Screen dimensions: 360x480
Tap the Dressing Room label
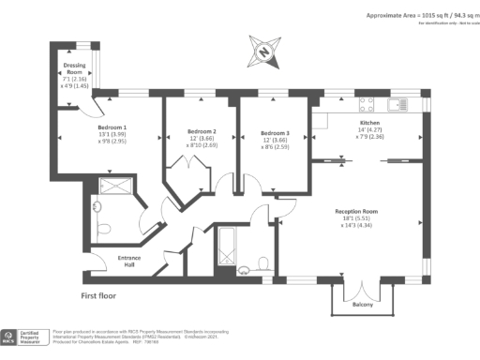pos(74,68)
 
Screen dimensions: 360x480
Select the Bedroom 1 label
pos(112,127)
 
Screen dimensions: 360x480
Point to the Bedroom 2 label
pos(202,130)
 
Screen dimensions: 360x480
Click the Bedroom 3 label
pos(275,132)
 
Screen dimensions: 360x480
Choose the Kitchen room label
pos(371,123)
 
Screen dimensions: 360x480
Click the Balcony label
pos(363,305)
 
